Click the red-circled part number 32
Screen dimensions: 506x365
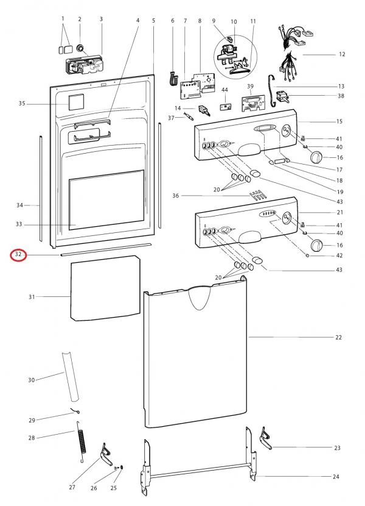(18, 254)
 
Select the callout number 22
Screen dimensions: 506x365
(339, 337)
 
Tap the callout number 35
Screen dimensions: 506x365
(22, 104)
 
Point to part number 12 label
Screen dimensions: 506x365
(342, 54)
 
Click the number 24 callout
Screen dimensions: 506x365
(336, 476)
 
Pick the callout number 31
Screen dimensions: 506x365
(32, 297)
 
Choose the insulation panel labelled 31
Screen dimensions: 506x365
(103, 288)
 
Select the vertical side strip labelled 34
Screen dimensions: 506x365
(41, 189)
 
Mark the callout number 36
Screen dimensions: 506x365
(175, 196)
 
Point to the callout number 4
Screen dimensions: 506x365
(137, 20)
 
